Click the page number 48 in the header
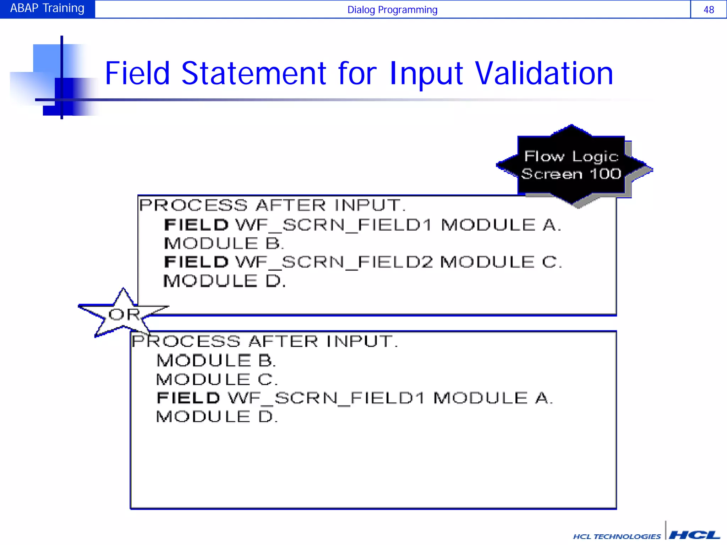point(709,10)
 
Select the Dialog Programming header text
point(392,10)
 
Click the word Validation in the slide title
point(544,73)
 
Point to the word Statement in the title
point(253,73)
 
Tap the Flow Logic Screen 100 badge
point(571,165)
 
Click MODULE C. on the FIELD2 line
point(501,263)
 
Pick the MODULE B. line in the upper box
point(224,244)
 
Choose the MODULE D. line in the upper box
point(224,281)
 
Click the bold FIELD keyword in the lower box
point(188,398)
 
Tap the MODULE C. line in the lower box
point(217,380)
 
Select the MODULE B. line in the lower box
point(216,361)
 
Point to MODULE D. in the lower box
point(217,417)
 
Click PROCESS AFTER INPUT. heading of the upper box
point(272,205)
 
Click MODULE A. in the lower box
point(493,398)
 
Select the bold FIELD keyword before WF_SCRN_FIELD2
point(196,263)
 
